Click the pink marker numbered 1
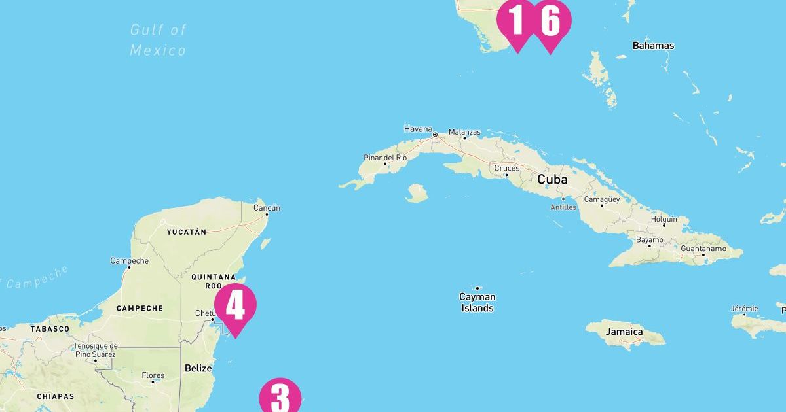515,21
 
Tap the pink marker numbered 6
551,21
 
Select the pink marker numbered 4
235,305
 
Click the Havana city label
419,129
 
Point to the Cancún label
267,208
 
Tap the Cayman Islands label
477,302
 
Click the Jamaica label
624,332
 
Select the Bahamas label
653,46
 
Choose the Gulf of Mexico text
158,39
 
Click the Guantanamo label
703,249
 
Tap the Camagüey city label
601,199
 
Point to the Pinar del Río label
385,158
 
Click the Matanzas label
464,132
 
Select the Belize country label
198,368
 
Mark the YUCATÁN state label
186,232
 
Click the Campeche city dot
129,267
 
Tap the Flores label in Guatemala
153,375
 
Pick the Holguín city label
664,219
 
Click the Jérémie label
745,309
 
